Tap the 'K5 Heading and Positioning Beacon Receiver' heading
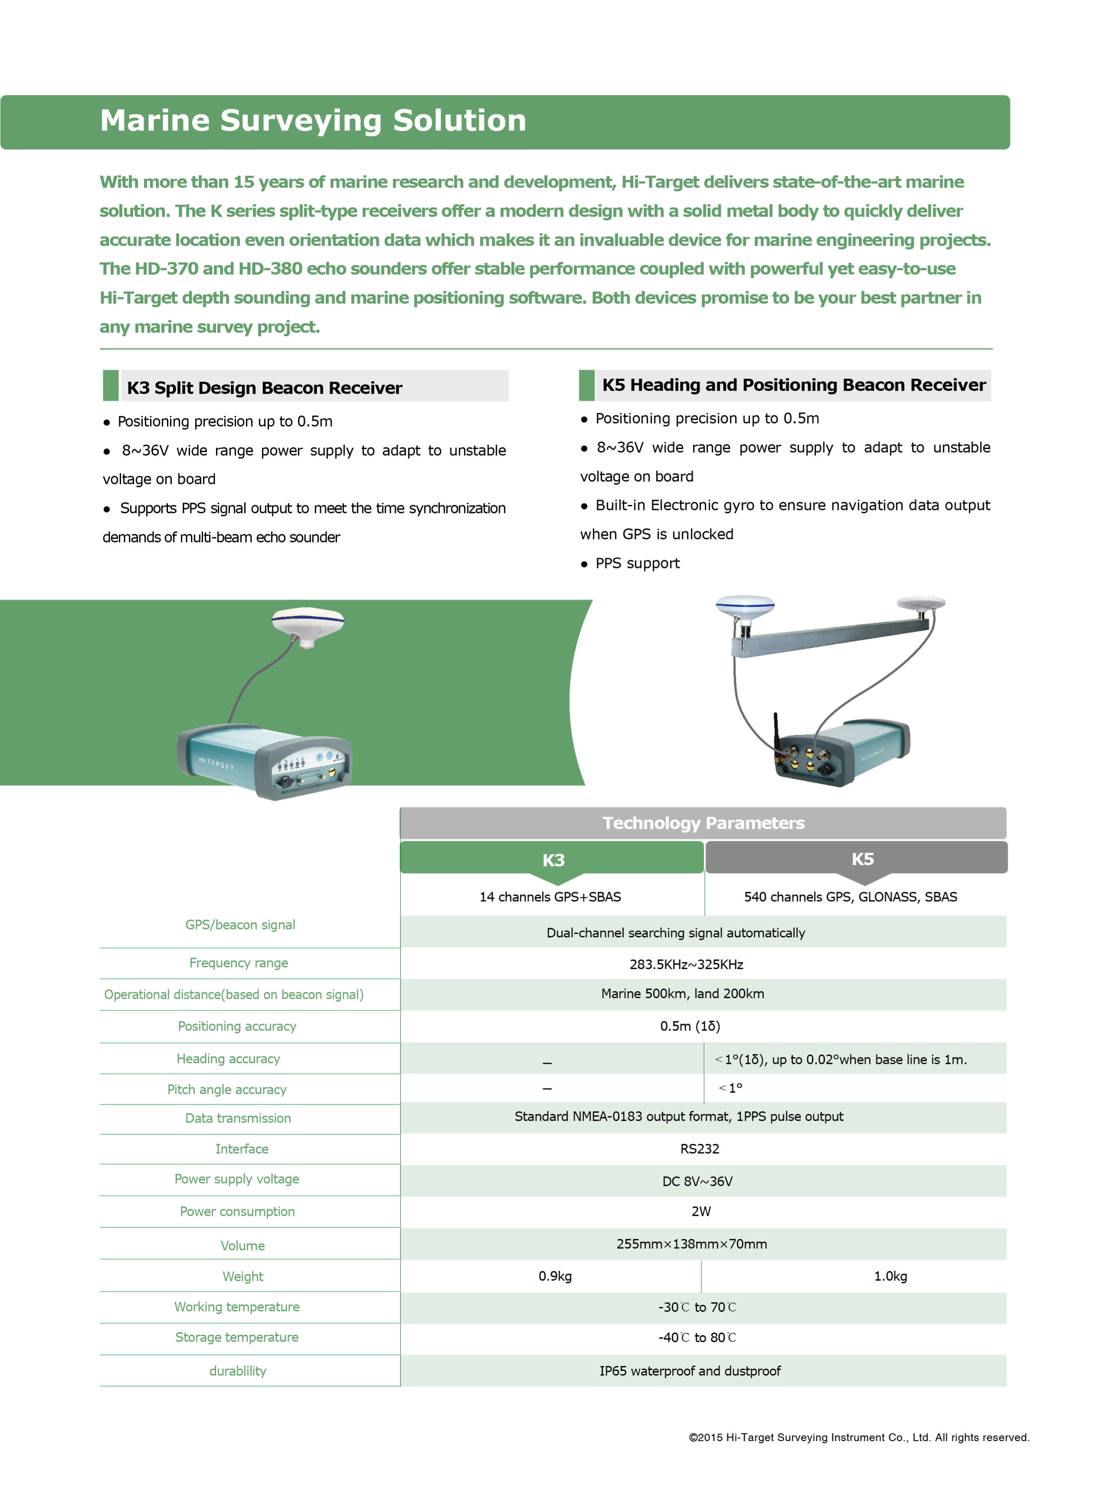coord(793,385)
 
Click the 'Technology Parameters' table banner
coord(703,823)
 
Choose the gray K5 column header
coord(862,858)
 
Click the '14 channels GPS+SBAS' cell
coord(551,897)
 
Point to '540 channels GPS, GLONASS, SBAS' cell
coord(850,897)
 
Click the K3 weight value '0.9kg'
coord(555,1276)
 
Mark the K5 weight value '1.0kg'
coord(890,1276)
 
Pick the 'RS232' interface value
coord(699,1149)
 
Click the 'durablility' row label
coord(237,1371)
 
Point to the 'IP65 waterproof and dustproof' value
coord(690,1371)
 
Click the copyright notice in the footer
coord(859,1437)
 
